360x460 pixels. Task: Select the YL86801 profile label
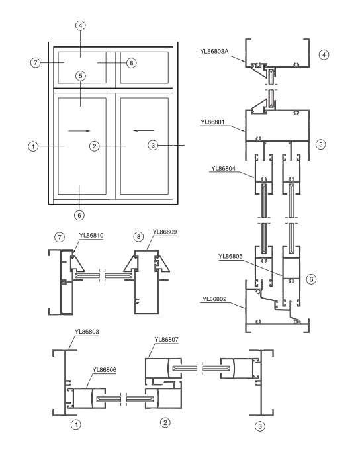(214, 122)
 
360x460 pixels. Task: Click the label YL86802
(215, 299)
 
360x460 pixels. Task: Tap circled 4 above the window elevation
(81, 26)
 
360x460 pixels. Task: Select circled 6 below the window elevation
(80, 214)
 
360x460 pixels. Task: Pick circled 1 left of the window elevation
(32, 146)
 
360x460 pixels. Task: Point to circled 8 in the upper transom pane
(130, 63)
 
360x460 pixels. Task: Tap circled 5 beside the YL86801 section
(322, 142)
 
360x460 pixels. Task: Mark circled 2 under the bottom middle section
(165, 421)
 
